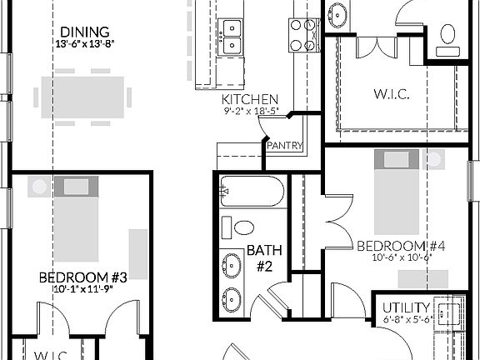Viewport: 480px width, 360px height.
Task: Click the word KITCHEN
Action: coord(243,98)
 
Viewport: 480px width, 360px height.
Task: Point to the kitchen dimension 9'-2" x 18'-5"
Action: coord(250,110)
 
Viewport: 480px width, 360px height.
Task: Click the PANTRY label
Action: coord(283,146)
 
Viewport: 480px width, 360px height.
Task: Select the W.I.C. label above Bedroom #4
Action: coord(391,93)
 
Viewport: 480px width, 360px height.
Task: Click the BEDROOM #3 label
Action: coord(82,277)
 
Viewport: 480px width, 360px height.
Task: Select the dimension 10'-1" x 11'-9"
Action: coord(82,289)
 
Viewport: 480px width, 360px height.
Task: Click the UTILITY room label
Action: coord(408,307)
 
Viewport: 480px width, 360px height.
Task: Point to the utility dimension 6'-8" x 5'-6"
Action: coord(407,319)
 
